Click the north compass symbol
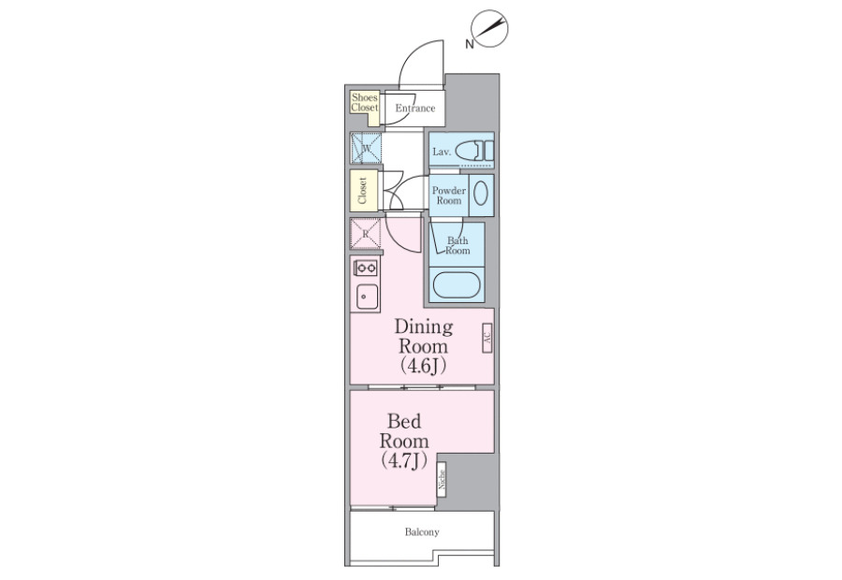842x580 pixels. coord(489,28)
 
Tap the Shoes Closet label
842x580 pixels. coord(365,103)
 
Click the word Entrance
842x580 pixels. coord(415,108)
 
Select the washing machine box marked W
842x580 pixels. coord(366,148)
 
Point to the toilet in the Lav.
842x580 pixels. coord(474,151)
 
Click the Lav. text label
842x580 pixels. coord(442,152)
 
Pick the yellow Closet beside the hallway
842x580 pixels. coord(364,190)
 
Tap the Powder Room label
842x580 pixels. coord(449,196)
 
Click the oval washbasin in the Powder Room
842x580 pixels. coord(481,194)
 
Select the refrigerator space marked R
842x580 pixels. coord(366,234)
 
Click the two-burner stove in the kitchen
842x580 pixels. coord(366,267)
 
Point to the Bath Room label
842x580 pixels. coord(457,245)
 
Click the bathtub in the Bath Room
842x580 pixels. coord(457,285)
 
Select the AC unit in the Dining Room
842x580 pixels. coord(487,338)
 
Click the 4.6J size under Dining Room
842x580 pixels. coord(423,366)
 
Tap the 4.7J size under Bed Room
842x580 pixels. coord(404,461)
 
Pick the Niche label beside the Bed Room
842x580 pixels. coord(442,480)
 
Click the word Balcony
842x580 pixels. coord(422,532)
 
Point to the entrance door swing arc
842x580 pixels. coord(414,52)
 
